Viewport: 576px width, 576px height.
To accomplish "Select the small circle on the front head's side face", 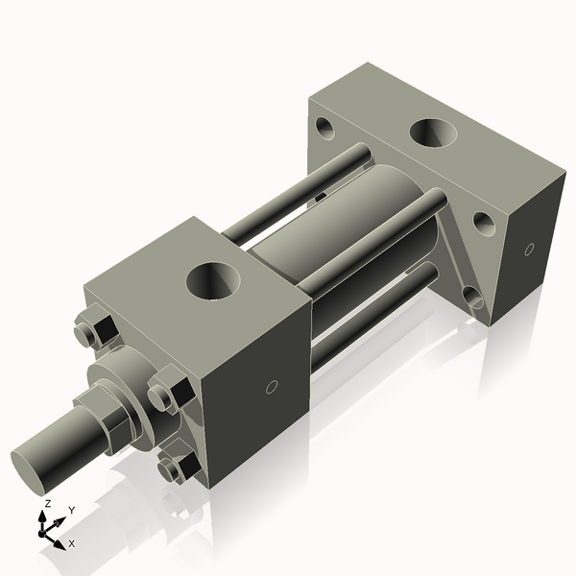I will tap(271, 387).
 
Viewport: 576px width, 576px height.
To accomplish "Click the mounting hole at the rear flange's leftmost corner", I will tap(324, 126).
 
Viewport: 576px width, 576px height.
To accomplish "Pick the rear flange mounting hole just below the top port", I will tap(483, 223).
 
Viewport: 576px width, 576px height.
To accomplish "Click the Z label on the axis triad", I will tap(47, 503).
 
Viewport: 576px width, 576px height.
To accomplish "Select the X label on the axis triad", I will tap(71, 543).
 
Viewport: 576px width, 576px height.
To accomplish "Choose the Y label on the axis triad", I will tap(71, 510).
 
